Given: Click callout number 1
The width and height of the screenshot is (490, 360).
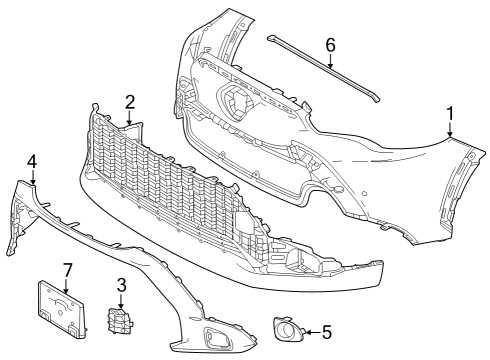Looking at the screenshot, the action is coord(450,113).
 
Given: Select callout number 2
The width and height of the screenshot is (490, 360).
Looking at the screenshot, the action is coord(130,102).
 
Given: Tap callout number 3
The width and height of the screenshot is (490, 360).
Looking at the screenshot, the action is coord(121,285).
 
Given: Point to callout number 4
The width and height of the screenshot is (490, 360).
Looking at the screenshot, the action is coord(32,162).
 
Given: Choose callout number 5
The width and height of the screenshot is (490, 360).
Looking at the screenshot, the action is coord(326,332).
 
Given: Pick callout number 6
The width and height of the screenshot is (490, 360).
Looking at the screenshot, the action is coord(330,45).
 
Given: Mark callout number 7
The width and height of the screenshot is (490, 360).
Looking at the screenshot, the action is coord(67,270).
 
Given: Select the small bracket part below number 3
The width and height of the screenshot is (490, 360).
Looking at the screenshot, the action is coord(120,320).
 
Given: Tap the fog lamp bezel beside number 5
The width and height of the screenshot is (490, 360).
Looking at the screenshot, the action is coord(288,329).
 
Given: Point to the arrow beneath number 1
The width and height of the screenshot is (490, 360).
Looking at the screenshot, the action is coord(450,129).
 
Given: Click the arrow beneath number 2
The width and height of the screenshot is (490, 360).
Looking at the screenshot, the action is coord(130,118).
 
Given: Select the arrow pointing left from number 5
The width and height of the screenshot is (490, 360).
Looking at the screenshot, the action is coord(312,332).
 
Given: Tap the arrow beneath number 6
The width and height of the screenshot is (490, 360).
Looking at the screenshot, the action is coord(330,61).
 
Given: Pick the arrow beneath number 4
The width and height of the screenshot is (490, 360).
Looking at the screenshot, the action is coord(32,177).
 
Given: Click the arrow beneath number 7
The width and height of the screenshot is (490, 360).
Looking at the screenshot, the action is coord(66,286).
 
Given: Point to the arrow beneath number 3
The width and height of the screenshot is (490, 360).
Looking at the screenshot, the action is coord(121,301).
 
